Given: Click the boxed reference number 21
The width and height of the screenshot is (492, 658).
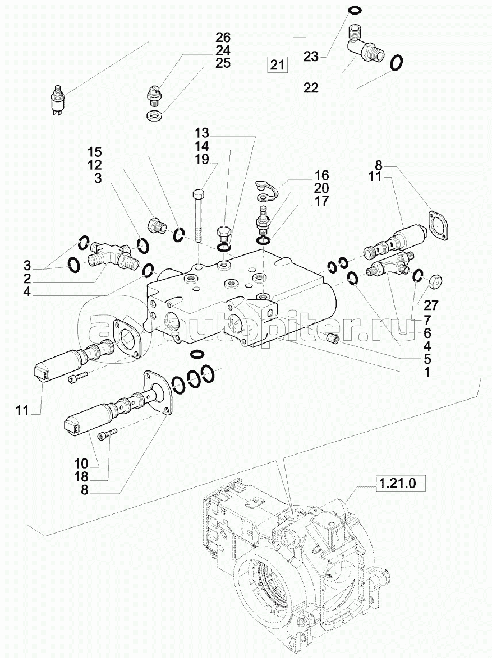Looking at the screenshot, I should [277, 65].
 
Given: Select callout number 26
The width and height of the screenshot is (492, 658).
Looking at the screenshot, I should [223, 38].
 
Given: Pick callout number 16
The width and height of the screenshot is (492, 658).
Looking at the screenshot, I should [321, 176].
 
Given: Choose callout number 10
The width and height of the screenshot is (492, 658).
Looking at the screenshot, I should [80, 464].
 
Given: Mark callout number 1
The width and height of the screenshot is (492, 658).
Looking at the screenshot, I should [426, 371].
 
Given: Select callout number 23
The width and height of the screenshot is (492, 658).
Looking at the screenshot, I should [311, 57].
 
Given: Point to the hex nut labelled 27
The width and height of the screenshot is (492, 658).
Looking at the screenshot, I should [435, 281].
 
